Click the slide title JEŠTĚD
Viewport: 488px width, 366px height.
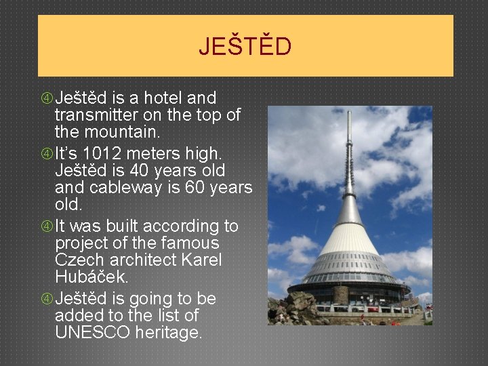pos(245,47)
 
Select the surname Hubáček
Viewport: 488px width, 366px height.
pos(91,277)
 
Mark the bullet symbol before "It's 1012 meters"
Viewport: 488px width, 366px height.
pos(47,154)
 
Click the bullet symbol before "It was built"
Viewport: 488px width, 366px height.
pos(47,226)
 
